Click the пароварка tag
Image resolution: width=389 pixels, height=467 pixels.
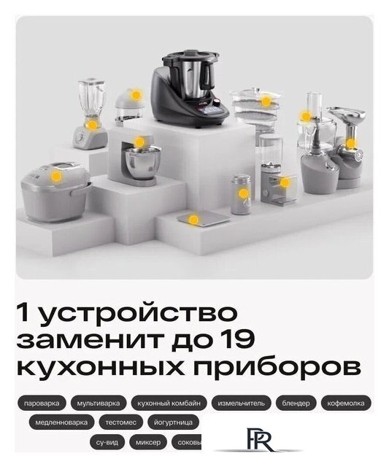42,403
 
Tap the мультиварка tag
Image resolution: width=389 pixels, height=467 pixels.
99,403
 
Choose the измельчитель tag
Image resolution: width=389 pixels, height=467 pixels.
242,403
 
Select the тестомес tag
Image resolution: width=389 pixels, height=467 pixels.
120,422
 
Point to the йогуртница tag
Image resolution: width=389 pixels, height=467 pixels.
174,422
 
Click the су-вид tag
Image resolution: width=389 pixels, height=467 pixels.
107,441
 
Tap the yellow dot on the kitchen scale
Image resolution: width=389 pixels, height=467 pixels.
193,219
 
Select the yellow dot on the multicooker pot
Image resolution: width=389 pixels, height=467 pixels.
56,176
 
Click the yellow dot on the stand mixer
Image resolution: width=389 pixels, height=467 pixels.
139,142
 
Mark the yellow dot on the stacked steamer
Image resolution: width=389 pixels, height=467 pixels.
266,101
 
